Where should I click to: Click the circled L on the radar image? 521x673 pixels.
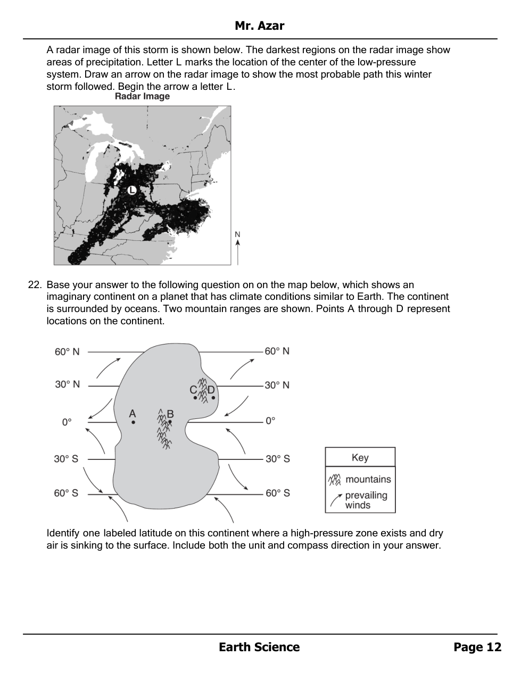pyautogui.click(x=131, y=190)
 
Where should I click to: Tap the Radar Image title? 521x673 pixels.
pyautogui.click(x=142, y=96)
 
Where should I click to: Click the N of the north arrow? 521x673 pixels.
pyautogui.click(x=237, y=234)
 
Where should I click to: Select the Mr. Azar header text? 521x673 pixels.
pyautogui.click(x=259, y=26)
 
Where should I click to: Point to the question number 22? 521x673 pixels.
pyautogui.click(x=35, y=285)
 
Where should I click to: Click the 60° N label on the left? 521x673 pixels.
pyautogui.click(x=67, y=352)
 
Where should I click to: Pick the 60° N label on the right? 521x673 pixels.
pyautogui.click(x=277, y=351)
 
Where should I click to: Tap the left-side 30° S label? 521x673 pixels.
pyautogui.click(x=66, y=459)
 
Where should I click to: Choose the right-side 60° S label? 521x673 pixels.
pyautogui.click(x=278, y=493)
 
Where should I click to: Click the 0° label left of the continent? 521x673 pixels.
pyautogui.click(x=67, y=422)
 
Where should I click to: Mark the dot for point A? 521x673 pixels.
pyautogui.click(x=133, y=423)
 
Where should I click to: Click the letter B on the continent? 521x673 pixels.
pyautogui.click(x=170, y=414)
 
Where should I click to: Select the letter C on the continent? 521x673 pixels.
pyautogui.click(x=193, y=390)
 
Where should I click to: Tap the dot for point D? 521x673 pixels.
pyautogui.click(x=213, y=397)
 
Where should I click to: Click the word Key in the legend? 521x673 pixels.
pyautogui.click(x=360, y=458)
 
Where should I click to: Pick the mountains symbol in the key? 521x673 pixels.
pyautogui.click(x=334, y=479)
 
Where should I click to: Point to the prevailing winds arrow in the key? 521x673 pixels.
pyautogui.click(x=336, y=500)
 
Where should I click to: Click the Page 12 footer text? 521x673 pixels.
pyautogui.click(x=477, y=647)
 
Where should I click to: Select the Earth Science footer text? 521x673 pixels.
pyautogui.click(x=259, y=647)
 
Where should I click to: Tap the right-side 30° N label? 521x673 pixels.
pyautogui.click(x=277, y=385)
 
